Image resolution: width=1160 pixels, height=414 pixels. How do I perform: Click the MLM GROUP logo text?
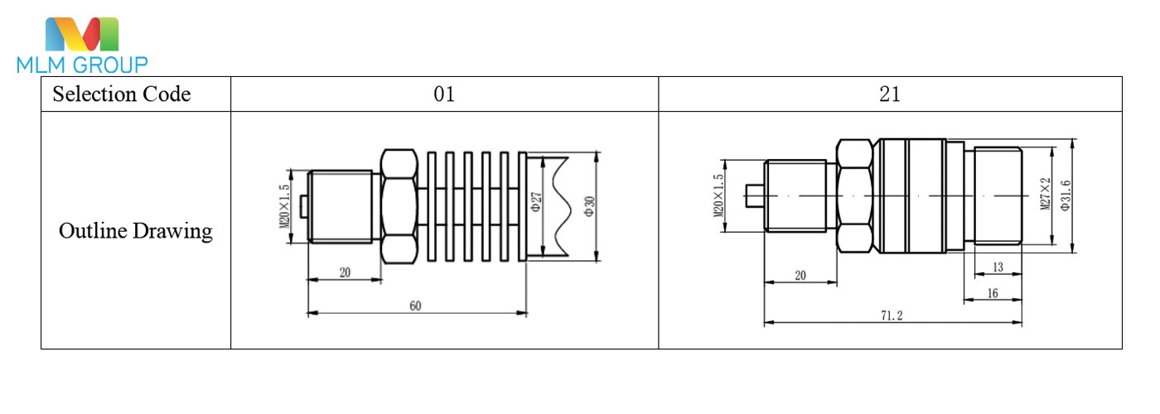click(x=82, y=65)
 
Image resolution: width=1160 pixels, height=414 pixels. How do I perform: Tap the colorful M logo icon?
click(x=82, y=34)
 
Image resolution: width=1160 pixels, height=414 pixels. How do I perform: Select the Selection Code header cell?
click(x=122, y=94)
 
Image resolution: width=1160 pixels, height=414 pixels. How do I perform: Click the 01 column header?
click(x=444, y=94)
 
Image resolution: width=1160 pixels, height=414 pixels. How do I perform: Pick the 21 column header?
click(x=890, y=94)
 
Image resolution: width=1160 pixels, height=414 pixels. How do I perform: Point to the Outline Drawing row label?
click(x=136, y=231)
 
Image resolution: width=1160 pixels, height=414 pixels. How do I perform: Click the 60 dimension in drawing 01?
click(x=415, y=306)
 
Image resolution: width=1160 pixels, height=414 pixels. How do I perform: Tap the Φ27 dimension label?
click(x=536, y=202)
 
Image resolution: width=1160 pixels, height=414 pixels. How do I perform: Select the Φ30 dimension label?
click(x=589, y=206)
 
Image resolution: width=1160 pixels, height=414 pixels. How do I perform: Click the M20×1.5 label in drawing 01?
click(x=283, y=206)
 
